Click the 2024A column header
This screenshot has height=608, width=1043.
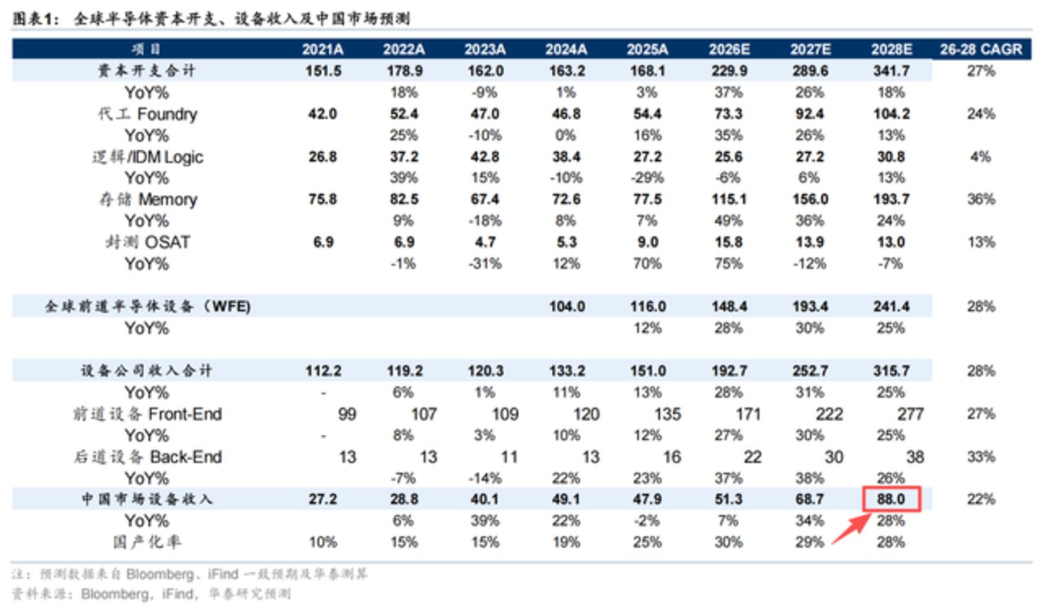click(566, 49)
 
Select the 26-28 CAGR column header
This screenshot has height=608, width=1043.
click(981, 49)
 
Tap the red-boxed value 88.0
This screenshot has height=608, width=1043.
click(891, 499)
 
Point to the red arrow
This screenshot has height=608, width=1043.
click(851, 529)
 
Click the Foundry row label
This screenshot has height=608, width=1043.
click(147, 114)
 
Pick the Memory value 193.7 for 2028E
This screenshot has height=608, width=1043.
click(891, 199)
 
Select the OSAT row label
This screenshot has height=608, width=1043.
click(148, 242)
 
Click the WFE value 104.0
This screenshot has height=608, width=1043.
click(566, 307)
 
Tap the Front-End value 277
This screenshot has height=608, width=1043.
click(910, 415)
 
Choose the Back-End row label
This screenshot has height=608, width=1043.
click(148, 457)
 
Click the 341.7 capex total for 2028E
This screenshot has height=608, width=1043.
click(891, 71)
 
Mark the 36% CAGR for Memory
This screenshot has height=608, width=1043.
click(981, 199)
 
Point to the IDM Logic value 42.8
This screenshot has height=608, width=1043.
click(485, 157)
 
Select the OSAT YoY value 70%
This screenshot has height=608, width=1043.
click(648, 264)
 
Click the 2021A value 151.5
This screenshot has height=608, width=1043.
click(323, 71)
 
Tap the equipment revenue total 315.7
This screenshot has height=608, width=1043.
click(891, 371)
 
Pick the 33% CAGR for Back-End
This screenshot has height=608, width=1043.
click(981, 457)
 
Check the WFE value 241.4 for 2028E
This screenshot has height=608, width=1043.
click(891, 307)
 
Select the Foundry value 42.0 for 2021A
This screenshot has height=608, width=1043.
click(322, 114)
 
